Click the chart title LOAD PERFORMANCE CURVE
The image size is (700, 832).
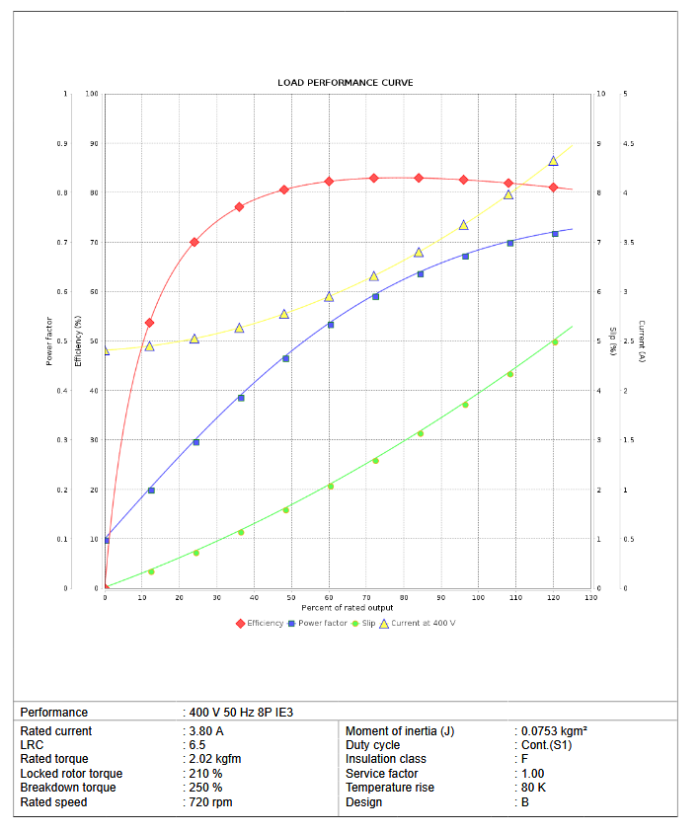coord(346,83)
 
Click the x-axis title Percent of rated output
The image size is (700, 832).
coord(347,608)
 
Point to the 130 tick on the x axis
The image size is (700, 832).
coord(590,598)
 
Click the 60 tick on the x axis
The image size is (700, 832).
coord(329,598)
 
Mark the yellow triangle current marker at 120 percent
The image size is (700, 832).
coord(554,161)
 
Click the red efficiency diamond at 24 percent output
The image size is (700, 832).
coord(194,242)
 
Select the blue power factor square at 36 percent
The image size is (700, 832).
coord(241,398)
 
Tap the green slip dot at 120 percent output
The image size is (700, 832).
coord(555,342)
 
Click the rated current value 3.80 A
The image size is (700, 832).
coord(204,731)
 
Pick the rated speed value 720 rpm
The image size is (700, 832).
coord(210,802)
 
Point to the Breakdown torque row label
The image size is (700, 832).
coord(68,788)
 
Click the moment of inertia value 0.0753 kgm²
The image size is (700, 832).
coord(554,731)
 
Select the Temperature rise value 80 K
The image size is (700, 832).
coord(536,788)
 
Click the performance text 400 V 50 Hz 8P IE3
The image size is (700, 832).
coord(242,713)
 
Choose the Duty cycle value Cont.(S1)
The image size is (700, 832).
coord(546,745)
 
